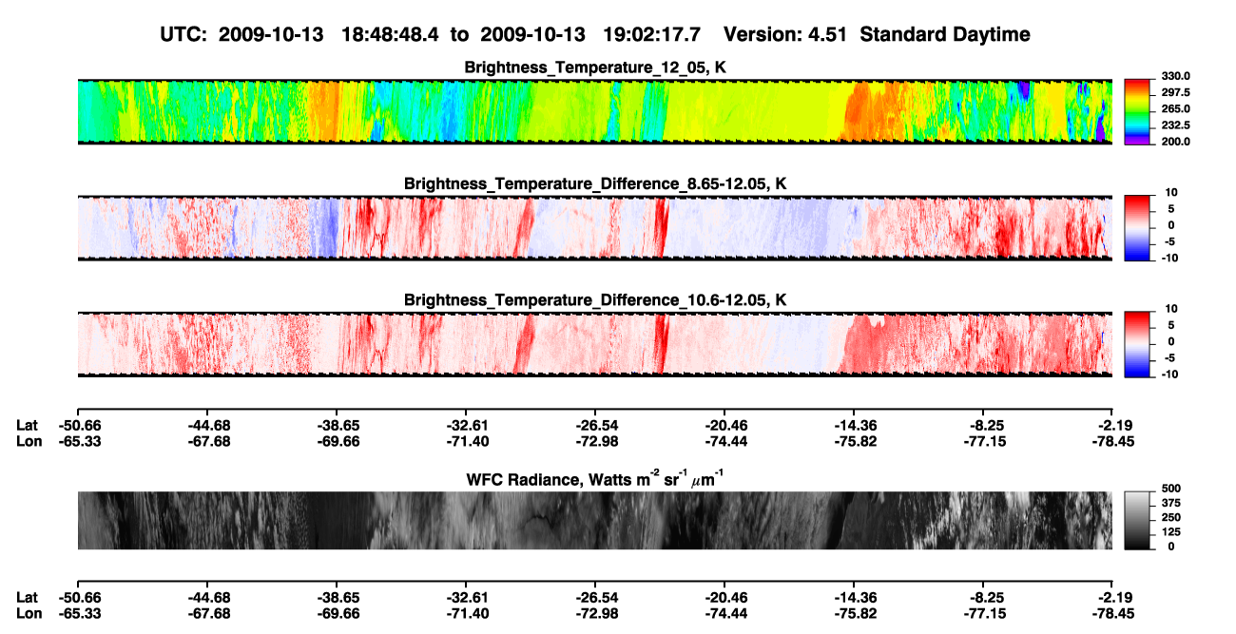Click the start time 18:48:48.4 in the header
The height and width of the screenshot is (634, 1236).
(390, 35)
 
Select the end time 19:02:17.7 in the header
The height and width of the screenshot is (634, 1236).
(651, 35)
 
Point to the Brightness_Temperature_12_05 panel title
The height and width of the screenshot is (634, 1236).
(595, 67)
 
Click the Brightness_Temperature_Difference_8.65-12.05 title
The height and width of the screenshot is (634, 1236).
(595, 183)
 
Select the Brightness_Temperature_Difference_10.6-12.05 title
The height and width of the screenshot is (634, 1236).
(595, 300)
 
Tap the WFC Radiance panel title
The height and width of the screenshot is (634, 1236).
(595, 479)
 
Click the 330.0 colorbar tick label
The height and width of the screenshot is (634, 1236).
(1175, 76)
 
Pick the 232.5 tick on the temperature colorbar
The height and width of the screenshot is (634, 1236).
(1175, 125)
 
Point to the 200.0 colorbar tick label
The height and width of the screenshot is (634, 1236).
(1175, 142)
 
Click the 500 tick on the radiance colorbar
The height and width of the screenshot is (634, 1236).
(1171, 489)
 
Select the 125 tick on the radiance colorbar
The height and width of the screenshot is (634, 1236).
(1171, 532)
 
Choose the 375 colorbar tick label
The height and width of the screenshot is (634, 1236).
(1171, 503)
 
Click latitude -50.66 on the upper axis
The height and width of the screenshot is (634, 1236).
(80, 426)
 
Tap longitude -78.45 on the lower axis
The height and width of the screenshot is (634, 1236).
(1113, 614)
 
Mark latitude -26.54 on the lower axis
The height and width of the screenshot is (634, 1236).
(596, 598)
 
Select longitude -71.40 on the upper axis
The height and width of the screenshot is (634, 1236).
(468, 441)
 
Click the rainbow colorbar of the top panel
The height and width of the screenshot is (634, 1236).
(1137, 112)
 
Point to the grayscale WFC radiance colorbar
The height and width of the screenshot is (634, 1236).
(1137, 520)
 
